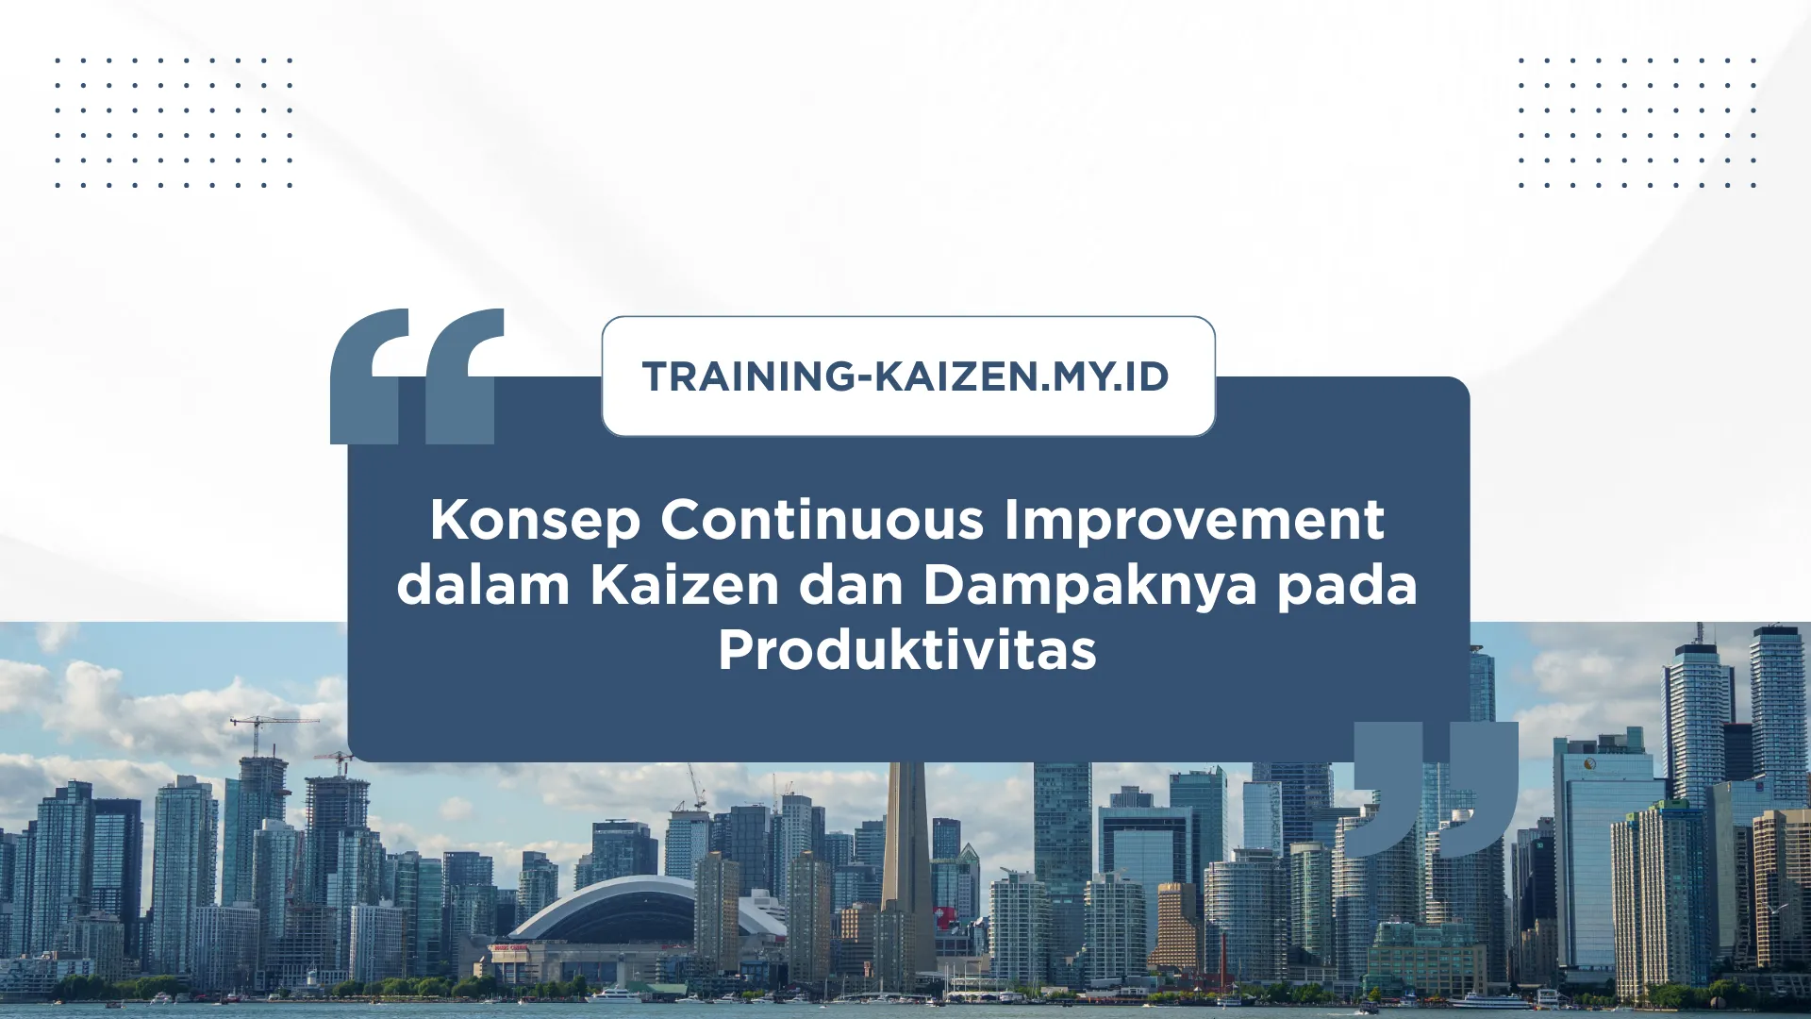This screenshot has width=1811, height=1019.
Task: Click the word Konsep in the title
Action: coord(535,521)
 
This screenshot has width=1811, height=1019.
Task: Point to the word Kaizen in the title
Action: coord(685,585)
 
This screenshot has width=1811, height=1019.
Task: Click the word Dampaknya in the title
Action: coord(1089,587)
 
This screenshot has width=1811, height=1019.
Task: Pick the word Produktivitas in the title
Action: coord(906,650)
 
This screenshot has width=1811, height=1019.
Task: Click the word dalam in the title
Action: coord(483,585)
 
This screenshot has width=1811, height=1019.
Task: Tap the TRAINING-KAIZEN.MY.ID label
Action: coord(906,376)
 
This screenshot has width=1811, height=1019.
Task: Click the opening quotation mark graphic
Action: coord(415,377)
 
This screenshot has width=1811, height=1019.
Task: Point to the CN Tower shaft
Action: coord(906,849)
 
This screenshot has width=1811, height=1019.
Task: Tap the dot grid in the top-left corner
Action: coord(174,123)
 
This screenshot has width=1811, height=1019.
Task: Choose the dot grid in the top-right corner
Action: coord(1637,123)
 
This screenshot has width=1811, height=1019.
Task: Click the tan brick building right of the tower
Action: coord(1176,929)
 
